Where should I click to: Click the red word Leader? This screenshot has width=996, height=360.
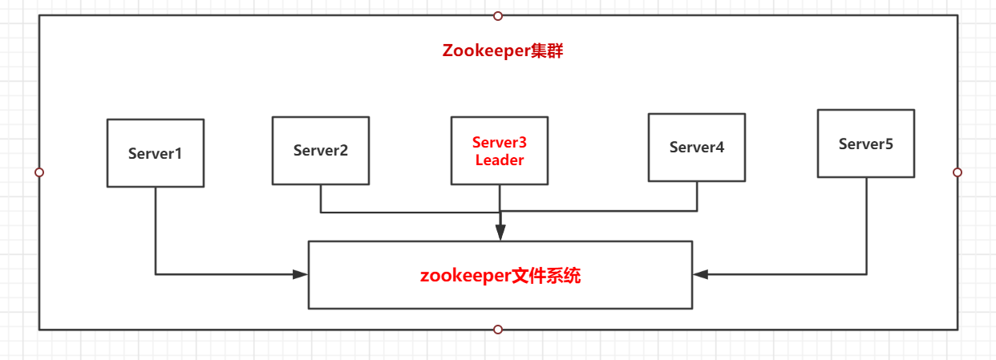pos(500,160)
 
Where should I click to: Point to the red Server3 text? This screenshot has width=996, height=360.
pos(500,143)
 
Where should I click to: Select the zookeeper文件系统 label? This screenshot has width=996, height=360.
pos(500,275)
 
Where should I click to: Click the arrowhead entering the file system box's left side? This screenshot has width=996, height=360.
pos(301,274)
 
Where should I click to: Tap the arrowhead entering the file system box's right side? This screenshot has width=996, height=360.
pos(701,274)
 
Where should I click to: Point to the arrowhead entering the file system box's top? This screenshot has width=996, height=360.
pos(500,233)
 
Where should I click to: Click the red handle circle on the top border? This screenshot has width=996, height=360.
pos(498,15)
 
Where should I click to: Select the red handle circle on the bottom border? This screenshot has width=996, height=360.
pos(498,330)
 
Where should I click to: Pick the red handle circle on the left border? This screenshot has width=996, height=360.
pos(39,172)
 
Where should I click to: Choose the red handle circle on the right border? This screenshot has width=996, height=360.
pos(957,172)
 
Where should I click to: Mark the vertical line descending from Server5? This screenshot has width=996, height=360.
pos(867,224)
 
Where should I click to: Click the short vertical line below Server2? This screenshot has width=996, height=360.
pos(321,198)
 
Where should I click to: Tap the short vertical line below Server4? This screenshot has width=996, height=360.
pos(696,196)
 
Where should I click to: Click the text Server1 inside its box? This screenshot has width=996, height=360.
pos(155,153)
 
